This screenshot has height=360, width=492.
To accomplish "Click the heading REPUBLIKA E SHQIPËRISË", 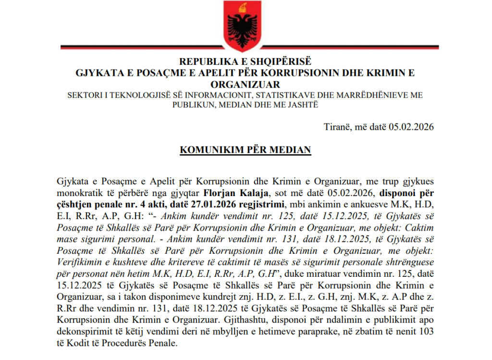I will (245, 62).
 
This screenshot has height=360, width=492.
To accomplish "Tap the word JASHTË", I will (303, 105).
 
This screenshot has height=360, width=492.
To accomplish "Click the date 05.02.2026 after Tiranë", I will (411, 127).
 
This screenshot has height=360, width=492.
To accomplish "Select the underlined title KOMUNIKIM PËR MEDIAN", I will (245, 149).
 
